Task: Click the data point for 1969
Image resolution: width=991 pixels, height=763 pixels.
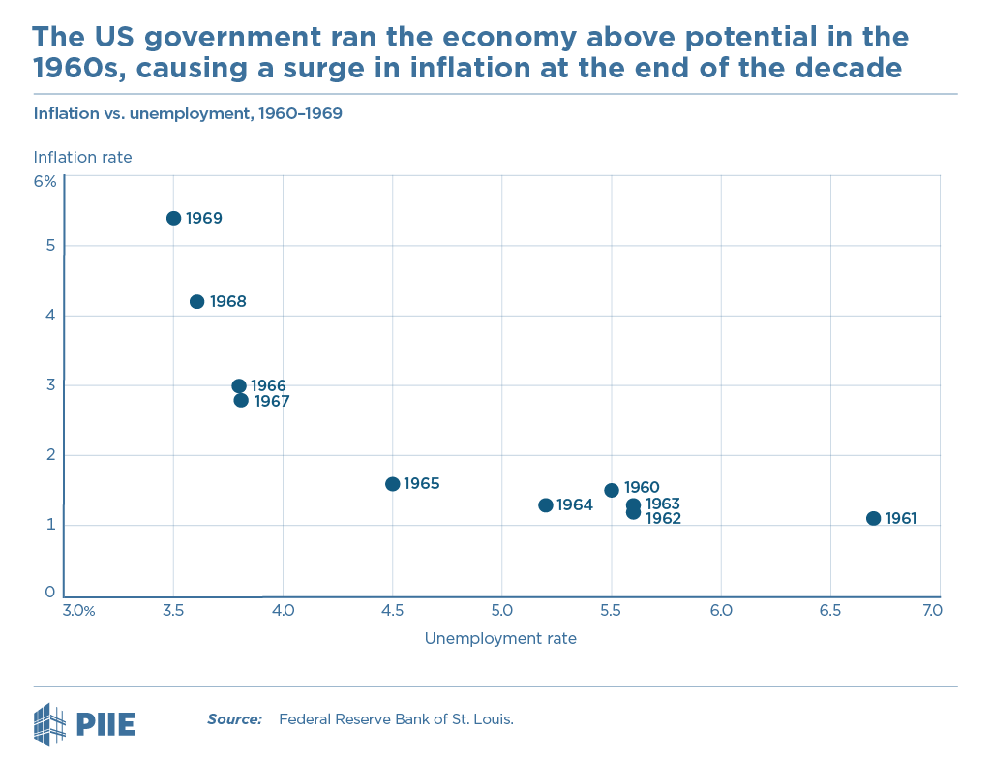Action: pyautogui.click(x=174, y=218)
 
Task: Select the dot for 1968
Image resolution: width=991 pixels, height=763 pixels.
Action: pyautogui.click(x=197, y=301)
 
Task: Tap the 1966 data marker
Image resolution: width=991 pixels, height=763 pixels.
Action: pyautogui.click(x=239, y=385)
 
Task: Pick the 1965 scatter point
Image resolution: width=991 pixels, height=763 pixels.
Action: pyautogui.click(x=392, y=483)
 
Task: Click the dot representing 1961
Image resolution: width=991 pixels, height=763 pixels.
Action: pyautogui.click(x=873, y=518)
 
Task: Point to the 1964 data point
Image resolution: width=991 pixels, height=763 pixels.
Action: pyautogui.click(x=546, y=504)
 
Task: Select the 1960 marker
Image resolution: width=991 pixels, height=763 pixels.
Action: pyautogui.click(x=612, y=490)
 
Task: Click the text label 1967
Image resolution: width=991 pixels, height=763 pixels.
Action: pyautogui.click(x=272, y=401)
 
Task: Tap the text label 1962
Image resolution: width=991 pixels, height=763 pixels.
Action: pyautogui.click(x=663, y=519)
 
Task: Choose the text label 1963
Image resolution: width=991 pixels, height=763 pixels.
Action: pyautogui.click(x=663, y=504)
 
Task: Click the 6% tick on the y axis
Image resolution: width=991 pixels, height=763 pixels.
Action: pyautogui.click(x=45, y=181)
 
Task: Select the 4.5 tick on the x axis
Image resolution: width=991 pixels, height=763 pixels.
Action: pyautogui.click(x=392, y=611)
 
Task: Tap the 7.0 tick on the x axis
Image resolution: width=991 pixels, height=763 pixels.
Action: pyautogui.click(x=931, y=611)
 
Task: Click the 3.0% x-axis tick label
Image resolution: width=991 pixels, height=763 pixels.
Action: pyautogui.click(x=77, y=611)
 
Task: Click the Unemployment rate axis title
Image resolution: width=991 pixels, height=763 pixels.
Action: pyautogui.click(x=500, y=638)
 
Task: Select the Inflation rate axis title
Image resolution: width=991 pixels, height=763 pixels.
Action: pyautogui.click(x=82, y=157)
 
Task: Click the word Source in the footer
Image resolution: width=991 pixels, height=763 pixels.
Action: pyautogui.click(x=234, y=719)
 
